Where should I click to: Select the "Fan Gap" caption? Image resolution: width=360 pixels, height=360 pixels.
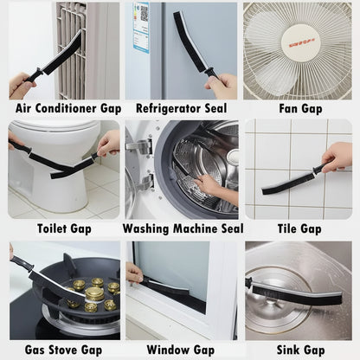point(299,108)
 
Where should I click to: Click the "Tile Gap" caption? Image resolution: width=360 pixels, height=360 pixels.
point(299,229)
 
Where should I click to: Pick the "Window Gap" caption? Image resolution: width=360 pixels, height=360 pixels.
point(180,349)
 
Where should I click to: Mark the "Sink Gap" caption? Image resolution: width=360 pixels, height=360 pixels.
point(299,349)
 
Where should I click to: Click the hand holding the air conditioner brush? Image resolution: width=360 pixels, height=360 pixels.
point(20,85)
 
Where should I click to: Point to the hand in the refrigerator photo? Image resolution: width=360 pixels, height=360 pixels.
point(222,84)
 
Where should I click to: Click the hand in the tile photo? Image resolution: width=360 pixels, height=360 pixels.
point(338,157)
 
